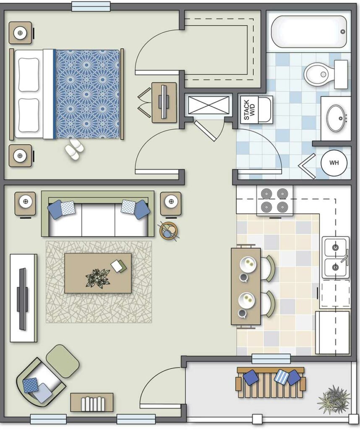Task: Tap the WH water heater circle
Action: [x=334, y=163]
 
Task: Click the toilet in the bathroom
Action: [x=326, y=74]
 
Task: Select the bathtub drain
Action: [x=343, y=31]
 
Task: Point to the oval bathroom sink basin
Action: [x=335, y=118]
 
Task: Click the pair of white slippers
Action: [x=74, y=149]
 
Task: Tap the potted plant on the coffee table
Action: [x=97, y=278]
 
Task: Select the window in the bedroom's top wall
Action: [x=91, y=6]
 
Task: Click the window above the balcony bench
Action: [x=271, y=359]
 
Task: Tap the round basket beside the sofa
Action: [x=169, y=231]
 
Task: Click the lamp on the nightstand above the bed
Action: [x=20, y=33]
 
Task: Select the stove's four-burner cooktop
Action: [x=274, y=200]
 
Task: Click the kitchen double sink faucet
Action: [x=344, y=257]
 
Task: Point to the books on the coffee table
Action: [x=119, y=266]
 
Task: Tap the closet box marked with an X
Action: [x=209, y=105]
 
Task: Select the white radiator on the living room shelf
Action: [x=93, y=404]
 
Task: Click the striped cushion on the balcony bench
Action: [x=281, y=377]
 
